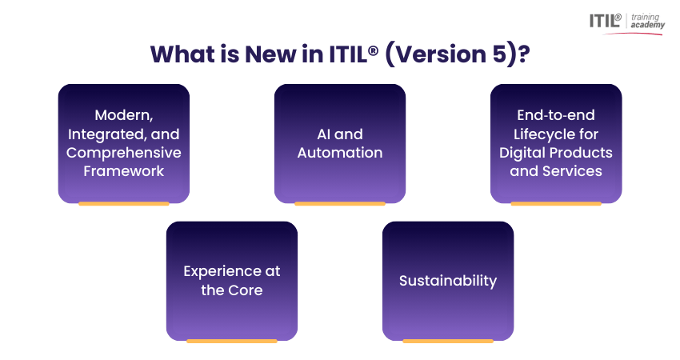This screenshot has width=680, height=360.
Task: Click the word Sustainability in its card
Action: (448, 281)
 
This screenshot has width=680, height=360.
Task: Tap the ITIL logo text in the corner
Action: (605, 21)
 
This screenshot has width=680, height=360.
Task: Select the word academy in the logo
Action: (647, 26)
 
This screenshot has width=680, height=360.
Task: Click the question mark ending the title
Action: (522, 54)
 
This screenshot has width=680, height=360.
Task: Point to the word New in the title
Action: (250, 54)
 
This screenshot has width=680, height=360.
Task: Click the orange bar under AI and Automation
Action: (340, 204)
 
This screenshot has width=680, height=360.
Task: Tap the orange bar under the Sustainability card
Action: (448, 341)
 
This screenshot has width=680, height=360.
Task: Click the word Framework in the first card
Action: (124, 170)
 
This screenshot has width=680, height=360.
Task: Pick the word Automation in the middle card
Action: (340, 152)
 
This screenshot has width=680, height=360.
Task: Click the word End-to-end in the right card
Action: (556, 115)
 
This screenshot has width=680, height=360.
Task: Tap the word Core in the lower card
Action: (246, 290)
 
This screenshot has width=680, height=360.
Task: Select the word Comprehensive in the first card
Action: (124, 152)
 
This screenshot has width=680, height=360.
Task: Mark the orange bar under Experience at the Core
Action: (232, 341)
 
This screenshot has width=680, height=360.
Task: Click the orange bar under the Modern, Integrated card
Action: (124, 204)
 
